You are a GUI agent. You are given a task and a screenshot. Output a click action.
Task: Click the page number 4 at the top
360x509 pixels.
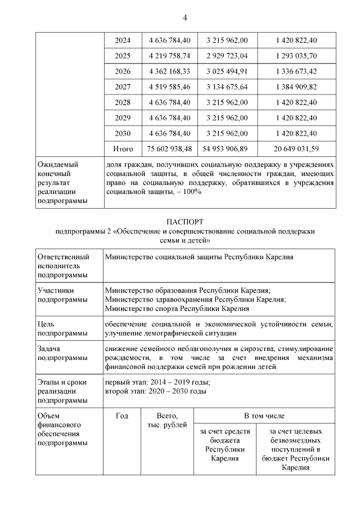(184, 17)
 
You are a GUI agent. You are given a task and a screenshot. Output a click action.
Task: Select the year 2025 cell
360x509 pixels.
(123, 56)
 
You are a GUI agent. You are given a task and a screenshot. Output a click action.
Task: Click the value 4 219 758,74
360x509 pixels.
(169, 56)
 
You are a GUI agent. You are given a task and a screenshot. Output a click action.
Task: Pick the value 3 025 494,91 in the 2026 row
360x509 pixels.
(227, 71)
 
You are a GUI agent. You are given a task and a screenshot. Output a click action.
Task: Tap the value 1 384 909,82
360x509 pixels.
(296, 87)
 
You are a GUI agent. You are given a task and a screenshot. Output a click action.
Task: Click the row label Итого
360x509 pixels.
(123, 148)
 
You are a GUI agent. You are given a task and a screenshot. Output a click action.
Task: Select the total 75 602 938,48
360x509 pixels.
(169, 148)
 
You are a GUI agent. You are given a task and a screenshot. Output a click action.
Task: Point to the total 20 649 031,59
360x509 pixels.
(296, 148)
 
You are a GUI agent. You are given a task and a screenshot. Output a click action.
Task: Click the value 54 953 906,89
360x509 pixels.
(227, 148)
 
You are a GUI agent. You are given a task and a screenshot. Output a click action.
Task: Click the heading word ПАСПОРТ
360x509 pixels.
(184, 222)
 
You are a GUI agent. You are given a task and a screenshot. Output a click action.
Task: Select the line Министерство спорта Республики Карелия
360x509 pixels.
(177, 308)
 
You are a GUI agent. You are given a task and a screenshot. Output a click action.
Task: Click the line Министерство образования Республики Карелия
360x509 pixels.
(188, 290)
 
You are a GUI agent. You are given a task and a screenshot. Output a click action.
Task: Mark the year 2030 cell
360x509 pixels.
(123, 133)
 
